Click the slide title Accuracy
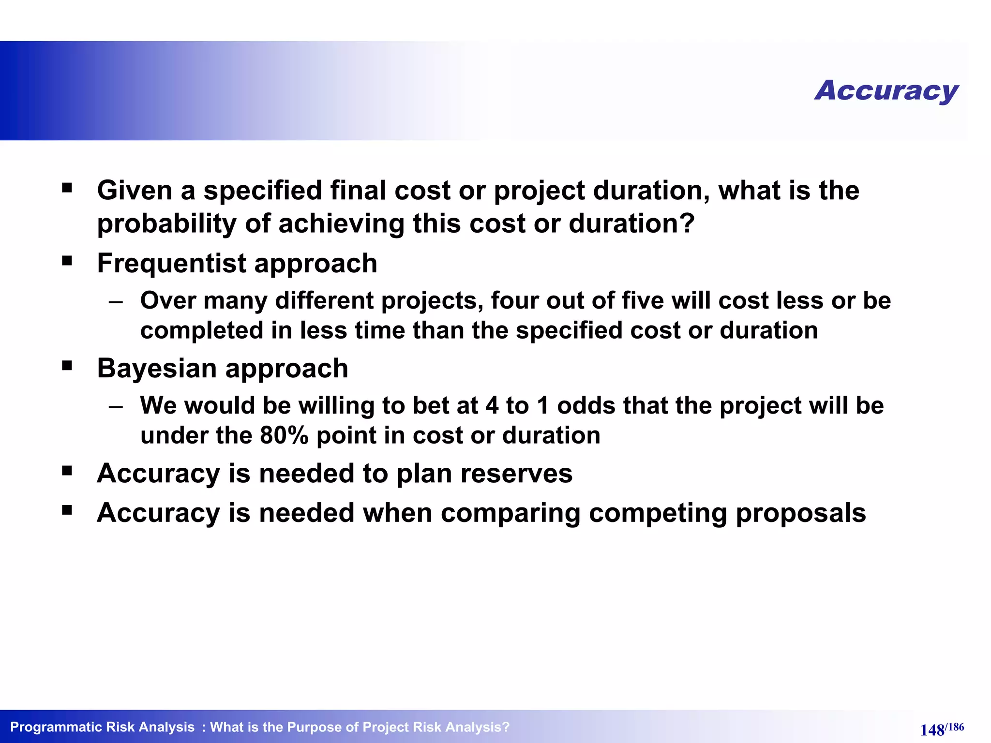[886, 90]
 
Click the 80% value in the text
[284, 435]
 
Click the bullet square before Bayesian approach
[67, 366]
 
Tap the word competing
[657, 513]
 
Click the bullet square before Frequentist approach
[67, 261]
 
